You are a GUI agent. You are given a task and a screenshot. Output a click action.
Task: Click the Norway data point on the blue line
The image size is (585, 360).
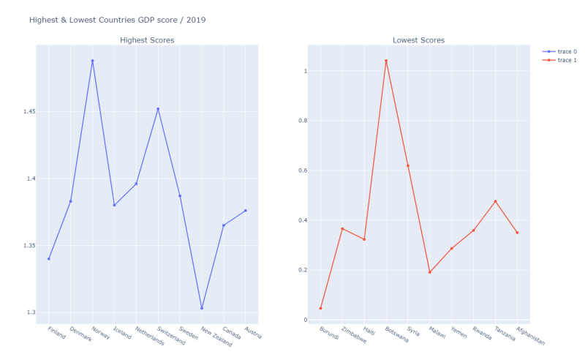[92, 61]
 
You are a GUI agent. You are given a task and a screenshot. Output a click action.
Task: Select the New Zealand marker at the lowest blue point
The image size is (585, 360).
[202, 308]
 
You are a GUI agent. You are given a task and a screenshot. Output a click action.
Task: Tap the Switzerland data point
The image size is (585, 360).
[158, 109]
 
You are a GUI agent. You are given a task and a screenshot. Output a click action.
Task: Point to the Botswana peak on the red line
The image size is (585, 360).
[386, 61]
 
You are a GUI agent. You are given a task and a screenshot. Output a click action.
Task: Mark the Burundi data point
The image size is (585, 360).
[320, 308]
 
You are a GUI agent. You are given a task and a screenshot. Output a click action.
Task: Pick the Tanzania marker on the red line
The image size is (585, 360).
[495, 201]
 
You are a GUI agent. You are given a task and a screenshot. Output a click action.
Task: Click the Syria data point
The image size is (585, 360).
[408, 165]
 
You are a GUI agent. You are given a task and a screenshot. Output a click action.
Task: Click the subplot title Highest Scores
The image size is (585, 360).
[147, 40]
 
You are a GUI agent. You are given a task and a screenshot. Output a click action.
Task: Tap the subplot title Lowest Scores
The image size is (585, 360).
[418, 40]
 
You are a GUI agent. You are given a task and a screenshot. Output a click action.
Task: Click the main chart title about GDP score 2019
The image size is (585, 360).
[117, 20]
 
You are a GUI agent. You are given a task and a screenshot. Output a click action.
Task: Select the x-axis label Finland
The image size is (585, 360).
[56, 334]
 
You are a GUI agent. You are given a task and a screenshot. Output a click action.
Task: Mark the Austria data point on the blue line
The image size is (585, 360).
[246, 211]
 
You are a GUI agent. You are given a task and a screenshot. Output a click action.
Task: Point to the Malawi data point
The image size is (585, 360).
[430, 272]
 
